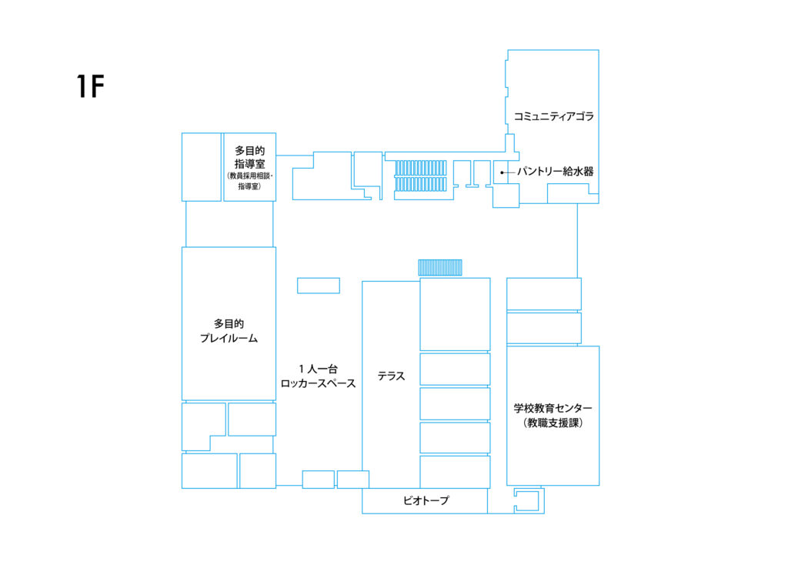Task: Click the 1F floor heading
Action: (x=91, y=86)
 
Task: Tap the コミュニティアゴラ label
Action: (x=553, y=117)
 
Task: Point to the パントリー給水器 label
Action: (x=556, y=172)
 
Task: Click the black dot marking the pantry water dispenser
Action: (x=502, y=172)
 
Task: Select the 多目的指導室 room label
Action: (x=250, y=157)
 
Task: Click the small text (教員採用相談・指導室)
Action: (x=250, y=181)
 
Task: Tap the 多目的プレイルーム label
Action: (x=229, y=331)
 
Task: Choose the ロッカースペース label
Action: (x=318, y=383)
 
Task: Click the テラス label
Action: (x=391, y=376)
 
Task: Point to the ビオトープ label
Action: (x=426, y=500)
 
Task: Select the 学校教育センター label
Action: (x=553, y=408)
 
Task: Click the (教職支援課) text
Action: (x=553, y=423)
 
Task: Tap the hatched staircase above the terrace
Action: (x=440, y=267)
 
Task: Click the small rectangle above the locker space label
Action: (x=319, y=286)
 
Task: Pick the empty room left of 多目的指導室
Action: (x=201, y=167)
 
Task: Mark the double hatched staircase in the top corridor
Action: (x=421, y=176)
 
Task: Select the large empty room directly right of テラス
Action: (x=455, y=314)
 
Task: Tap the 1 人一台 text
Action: (x=318, y=369)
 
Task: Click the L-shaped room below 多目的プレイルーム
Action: (x=203, y=426)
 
